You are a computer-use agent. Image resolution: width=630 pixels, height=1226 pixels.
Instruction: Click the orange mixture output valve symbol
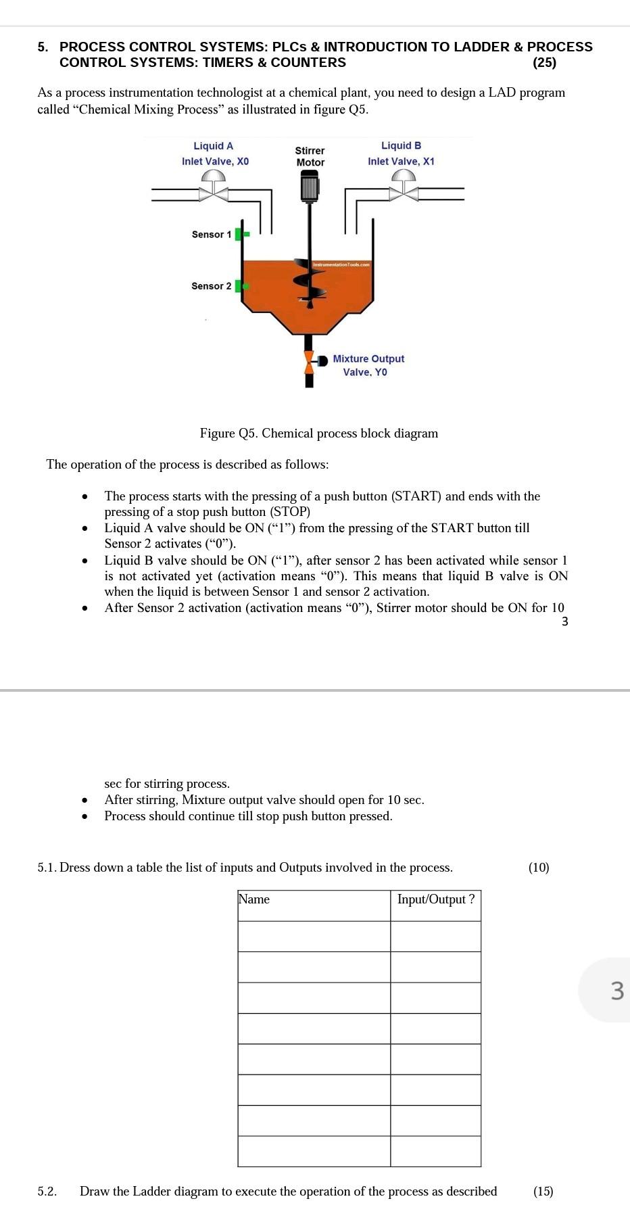(x=310, y=362)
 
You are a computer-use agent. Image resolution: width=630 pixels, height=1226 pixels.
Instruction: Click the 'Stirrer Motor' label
(x=310, y=156)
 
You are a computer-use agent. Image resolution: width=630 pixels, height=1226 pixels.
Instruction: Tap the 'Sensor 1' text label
(x=211, y=235)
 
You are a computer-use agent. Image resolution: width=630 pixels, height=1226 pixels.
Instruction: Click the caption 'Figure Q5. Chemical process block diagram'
(x=318, y=433)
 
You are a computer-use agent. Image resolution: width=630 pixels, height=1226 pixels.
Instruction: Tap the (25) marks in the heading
(x=544, y=63)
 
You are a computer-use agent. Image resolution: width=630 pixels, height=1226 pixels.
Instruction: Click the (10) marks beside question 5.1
(x=538, y=868)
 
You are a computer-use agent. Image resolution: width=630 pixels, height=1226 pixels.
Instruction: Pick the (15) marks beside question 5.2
(x=542, y=1192)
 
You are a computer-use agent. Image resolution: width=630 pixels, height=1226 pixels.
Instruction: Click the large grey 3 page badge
(x=615, y=990)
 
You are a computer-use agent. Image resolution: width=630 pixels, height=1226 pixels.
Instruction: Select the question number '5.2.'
(x=47, y=1192)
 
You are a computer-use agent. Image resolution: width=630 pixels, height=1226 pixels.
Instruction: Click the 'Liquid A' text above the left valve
(x=213, y=146)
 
